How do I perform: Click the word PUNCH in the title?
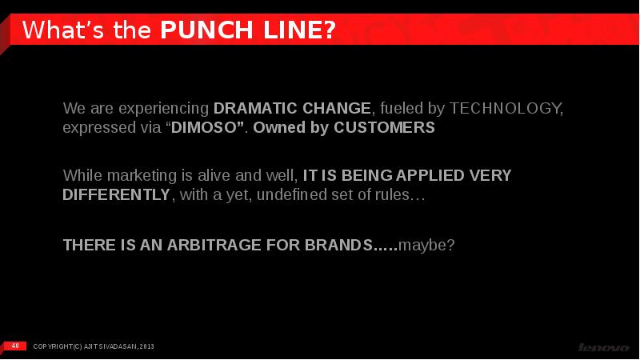[206, 30]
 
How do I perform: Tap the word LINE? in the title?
[299, 30]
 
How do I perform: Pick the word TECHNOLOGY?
[505, 108]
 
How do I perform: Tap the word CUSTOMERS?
[385, 127]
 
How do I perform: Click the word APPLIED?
[430, 175]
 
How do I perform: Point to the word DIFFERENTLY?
[116, 194]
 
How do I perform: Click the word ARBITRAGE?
[214, 245]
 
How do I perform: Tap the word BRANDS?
[338, 245]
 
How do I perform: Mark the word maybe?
[426, 246]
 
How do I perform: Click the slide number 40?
[15, 346]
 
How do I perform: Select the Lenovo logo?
[604, 347]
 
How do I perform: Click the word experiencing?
[164, 109]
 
